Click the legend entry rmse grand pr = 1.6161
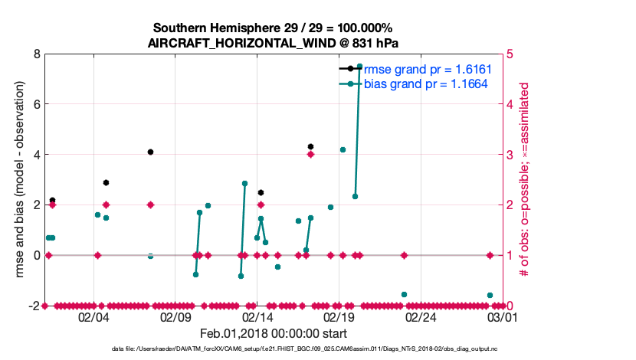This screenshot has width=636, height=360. click(427, 70)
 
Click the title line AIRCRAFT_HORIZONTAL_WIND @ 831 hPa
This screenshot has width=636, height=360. click(273, 43)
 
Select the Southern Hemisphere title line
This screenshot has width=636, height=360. click(273, 28)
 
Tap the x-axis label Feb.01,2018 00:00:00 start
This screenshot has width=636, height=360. click(273, 333)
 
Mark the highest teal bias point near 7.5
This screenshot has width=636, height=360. click(359, 67)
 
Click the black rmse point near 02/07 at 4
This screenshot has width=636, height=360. click(150, 152)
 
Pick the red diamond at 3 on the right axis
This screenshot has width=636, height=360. click(310, 155)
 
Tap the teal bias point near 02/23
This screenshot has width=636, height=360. click(404, 294)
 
